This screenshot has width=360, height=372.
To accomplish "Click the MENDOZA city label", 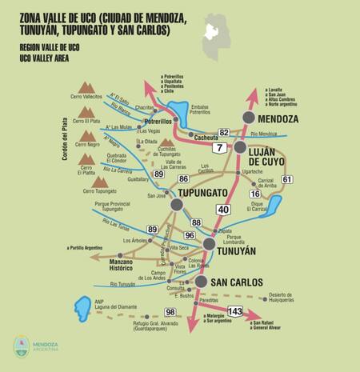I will point(278,119).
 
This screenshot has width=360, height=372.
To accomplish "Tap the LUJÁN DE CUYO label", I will point(272,156).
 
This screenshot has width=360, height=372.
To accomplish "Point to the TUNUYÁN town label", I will point(236,250).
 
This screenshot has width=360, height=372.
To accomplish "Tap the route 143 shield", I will point(235,310).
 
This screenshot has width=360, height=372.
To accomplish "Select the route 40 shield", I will point(223,210).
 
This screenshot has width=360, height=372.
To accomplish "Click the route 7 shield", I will point(218,148).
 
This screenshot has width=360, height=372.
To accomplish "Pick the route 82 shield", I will point(224,133).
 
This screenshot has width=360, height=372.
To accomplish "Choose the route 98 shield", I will point(170,312).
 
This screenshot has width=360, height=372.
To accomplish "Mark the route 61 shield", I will point(287,179).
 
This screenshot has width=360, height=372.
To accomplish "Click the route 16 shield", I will point(255,194).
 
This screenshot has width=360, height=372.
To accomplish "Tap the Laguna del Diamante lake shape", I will point(82,307).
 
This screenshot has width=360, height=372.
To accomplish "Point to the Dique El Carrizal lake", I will point(273,206).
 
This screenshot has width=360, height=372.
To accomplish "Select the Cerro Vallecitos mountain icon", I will point(86,86).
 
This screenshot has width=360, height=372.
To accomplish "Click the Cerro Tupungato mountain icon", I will point(100,182).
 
